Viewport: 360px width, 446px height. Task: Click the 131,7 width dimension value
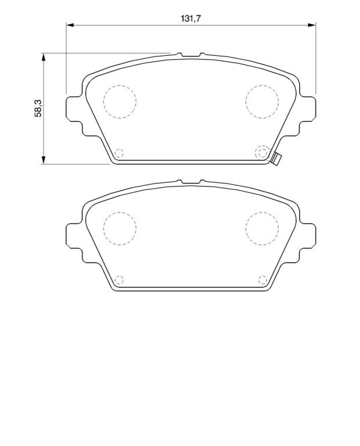click(x=191, y=19)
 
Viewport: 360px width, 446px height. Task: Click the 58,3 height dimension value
click(x=38, y=109)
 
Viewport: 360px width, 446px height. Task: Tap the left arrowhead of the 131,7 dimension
click(x=70, y=26)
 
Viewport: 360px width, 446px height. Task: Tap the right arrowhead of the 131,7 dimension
click(x=312, y=26)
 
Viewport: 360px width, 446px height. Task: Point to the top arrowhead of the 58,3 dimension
click(x=43, y=57)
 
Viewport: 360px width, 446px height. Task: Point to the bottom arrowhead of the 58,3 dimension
click(x=43, y=160)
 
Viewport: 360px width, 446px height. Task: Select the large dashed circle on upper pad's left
click(x=120, y=102)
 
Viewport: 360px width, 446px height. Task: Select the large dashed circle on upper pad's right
click(x=262, y=102)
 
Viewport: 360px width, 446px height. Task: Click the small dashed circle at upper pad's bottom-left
click(x=119, y=153)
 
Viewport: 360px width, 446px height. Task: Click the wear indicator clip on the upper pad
click(x=276, y=159)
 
